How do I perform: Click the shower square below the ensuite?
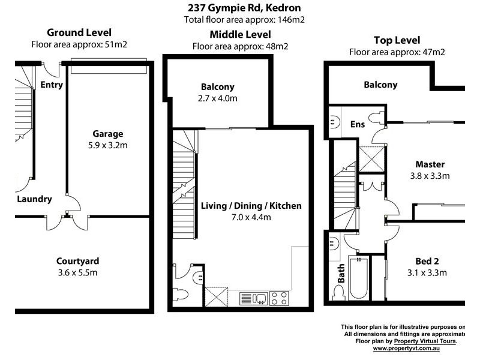[x=372, y=158]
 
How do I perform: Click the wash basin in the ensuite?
[x=333, y=122]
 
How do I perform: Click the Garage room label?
[x=107, y=134]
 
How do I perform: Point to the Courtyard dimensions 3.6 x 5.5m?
[x=77, y=272]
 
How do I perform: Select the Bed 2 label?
[x=427, y=261]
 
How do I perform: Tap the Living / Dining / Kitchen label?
[x=251, y=206]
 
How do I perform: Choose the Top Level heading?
[x=397, y=40]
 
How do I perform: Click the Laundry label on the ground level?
[x=34, y=199]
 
